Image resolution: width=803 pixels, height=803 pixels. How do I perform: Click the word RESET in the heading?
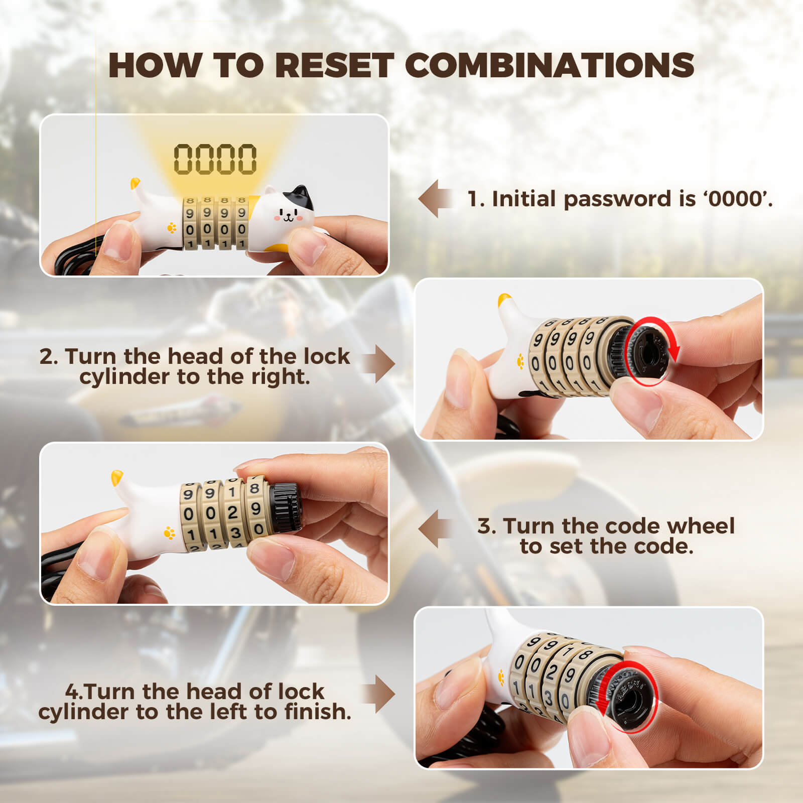click(334, 65)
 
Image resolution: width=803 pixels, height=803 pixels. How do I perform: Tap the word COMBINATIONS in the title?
click(549, 65)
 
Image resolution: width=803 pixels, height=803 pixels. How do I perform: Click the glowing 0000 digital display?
click(215, 159)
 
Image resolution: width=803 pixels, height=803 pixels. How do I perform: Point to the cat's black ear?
click(301, 196)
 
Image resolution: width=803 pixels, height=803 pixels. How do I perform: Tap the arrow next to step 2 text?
click(379, 364)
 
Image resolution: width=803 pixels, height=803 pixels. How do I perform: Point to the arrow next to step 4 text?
click(379, 694)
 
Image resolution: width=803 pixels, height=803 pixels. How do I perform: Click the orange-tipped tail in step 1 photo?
click(135, 183)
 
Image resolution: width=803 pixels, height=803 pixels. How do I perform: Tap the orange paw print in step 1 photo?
click(172, 228)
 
